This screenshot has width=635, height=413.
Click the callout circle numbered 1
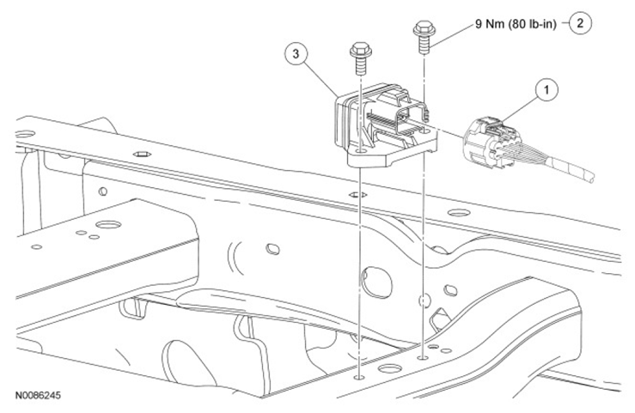coord(543,88)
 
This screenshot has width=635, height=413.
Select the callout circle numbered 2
coord(580,23)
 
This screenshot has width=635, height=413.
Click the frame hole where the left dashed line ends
coord(357,375)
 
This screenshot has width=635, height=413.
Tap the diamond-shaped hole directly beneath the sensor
coord(358,193)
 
